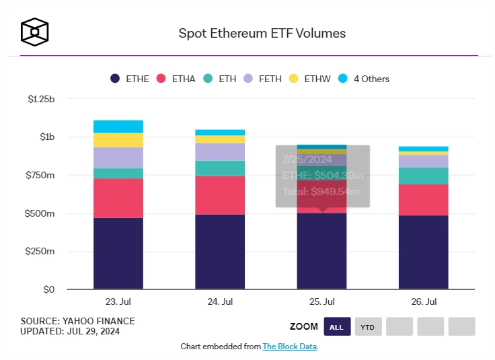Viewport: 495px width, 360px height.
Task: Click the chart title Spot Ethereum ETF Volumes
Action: point(262,32)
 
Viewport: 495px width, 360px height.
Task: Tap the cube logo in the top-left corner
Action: point(34,31)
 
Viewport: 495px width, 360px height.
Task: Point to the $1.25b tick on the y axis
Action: point(42,99)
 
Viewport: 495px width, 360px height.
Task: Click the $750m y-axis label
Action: point(42,176)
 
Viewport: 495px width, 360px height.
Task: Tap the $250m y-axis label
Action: point(42,252)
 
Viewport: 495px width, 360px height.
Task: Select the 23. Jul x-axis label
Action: point(118,301)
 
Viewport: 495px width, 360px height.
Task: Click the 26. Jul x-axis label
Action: point(423,301)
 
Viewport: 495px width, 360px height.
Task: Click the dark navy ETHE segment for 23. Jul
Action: point(118,254)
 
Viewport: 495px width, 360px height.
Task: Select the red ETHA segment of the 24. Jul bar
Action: point(220,195)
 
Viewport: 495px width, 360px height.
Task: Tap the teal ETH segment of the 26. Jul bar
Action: point(423,176)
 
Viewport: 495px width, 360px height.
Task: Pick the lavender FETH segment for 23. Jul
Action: point(118,157)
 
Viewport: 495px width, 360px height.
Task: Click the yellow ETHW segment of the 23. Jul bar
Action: point(118,140)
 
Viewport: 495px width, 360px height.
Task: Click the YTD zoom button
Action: point(367,327)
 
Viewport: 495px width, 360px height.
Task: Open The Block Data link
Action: point(289,347)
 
